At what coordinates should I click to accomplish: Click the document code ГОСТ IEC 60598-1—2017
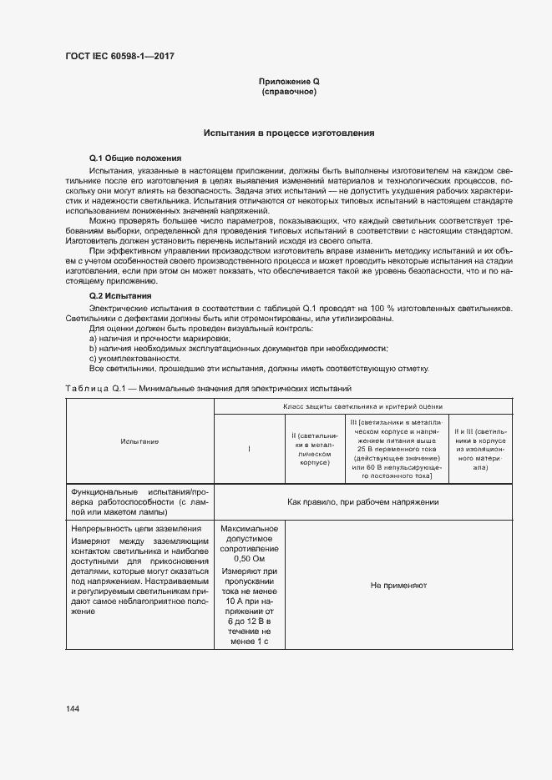[x=119, y=56]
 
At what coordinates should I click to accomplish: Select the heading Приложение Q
[x=289, y=81]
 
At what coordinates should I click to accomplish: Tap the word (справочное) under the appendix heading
[x=289, y=92]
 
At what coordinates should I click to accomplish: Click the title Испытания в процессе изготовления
[x=289, y=133]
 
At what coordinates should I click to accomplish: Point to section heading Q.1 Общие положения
[x=135, y=158]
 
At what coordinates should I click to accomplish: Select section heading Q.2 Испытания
[x=120, y=296]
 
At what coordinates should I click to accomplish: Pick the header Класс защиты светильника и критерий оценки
[x=364, y=406]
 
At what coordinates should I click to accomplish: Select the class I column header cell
[x=250, y=449]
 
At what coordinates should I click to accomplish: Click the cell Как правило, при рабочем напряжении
[x=363, y=502]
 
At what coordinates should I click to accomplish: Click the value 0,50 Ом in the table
[x=250, y=560]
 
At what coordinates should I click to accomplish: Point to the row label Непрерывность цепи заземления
[x=136, y=529]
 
